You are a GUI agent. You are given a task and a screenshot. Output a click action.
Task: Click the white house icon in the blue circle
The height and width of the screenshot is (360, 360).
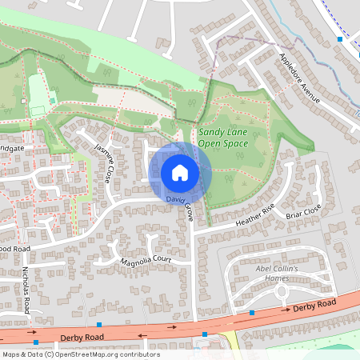pos(180,172)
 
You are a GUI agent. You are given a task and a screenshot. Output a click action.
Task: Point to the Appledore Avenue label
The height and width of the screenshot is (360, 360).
pos(299,78)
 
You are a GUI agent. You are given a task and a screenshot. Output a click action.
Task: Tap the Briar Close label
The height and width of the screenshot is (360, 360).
pos(304,210)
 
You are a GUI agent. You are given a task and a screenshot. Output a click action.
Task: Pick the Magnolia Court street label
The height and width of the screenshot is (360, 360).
pos(146,262)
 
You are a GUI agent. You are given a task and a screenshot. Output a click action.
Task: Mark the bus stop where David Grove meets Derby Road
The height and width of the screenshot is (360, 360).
pos(205,334)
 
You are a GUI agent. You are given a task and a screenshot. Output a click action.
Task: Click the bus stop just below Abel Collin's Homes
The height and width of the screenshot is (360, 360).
pos(252,313)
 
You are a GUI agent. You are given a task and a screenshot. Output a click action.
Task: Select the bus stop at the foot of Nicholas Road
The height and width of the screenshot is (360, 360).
pos(35,342)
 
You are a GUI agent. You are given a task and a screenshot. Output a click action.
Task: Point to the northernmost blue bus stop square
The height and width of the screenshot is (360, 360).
pos(340,38)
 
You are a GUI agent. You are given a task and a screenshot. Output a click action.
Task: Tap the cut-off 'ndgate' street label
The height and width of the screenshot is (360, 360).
pos(14,148)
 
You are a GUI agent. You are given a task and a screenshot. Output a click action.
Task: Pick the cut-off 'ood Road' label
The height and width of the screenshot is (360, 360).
pos(14,248)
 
